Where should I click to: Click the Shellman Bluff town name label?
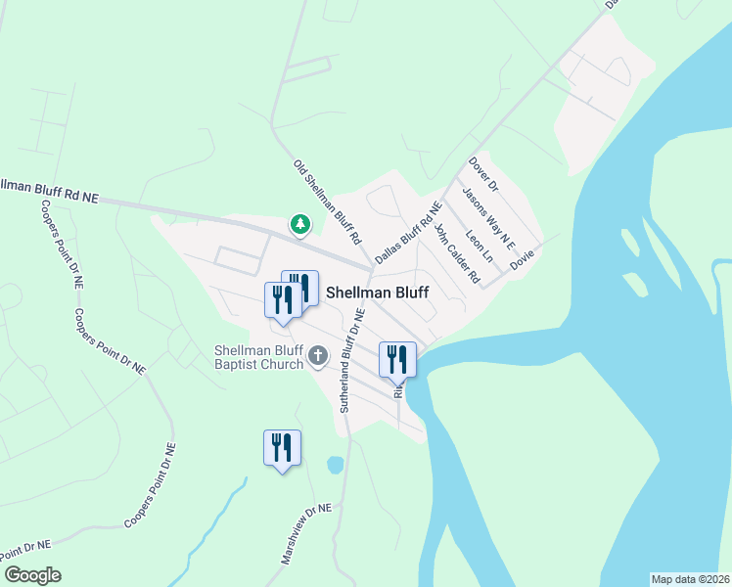click(x=377, y=292)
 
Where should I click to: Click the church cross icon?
click(x=318, y=357)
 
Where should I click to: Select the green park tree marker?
click(x=299, y=225)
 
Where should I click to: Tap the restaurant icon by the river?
click(x=397, y=359)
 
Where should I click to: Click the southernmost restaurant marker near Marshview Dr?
click(x=282, y=448)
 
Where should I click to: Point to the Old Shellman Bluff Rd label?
click(x=328, y=202)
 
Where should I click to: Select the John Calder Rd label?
click(x=457, y=253)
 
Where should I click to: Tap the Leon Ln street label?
click(x=480, y=246)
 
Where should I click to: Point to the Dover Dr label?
click(x=483, y=172)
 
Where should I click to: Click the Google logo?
click(x=32, y=575)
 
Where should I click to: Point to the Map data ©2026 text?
click(x=690, y=578)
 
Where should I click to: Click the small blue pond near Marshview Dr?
click(x=335, y=465)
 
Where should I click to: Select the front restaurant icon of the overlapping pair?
click(x=282, y=299)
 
